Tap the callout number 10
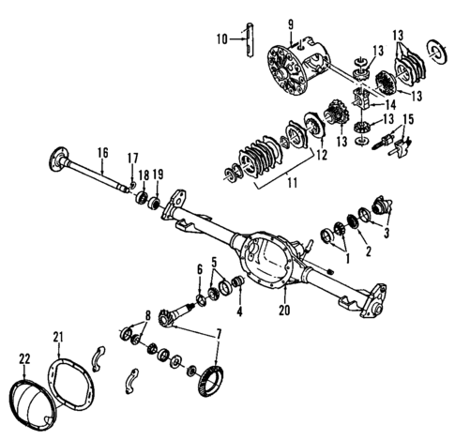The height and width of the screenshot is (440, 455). pos(222,40)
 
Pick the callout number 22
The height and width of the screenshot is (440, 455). pos(24,357)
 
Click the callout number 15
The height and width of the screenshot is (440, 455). pos(408,120)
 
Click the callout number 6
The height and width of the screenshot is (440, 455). pos(200,269)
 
